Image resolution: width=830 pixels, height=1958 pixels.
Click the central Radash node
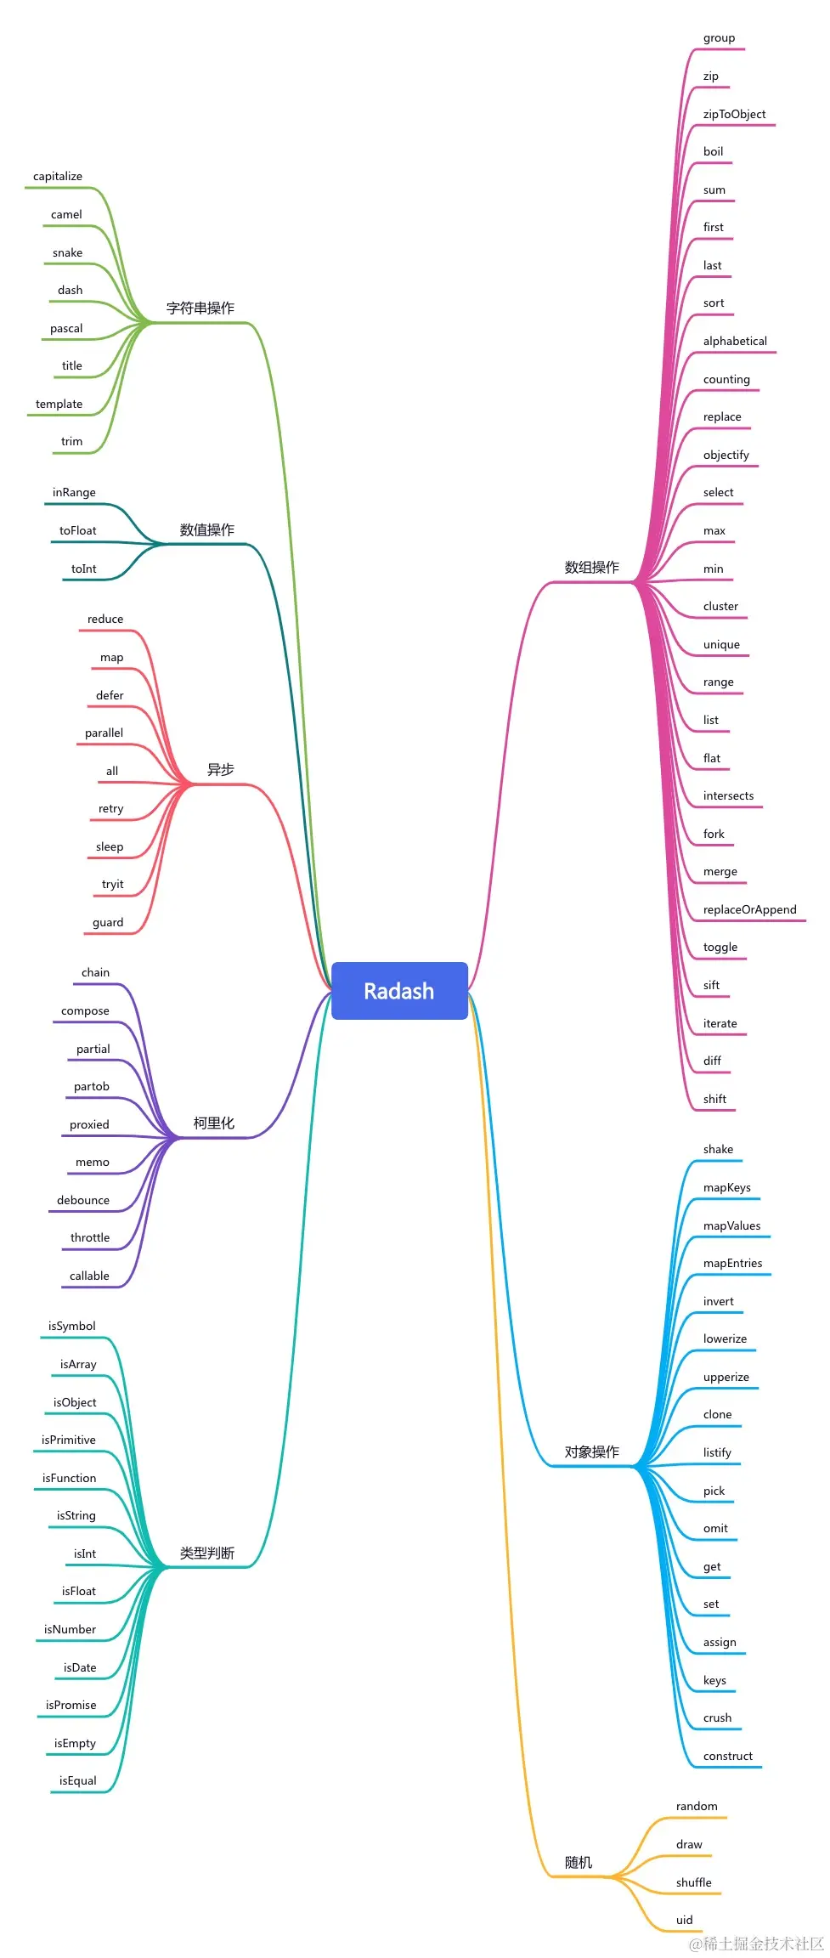point(399,991)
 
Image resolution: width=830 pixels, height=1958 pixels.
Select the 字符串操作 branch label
point(200,308)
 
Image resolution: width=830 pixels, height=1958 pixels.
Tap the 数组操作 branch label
point(591,567)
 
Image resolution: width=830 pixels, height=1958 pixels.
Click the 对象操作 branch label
point(591,1452)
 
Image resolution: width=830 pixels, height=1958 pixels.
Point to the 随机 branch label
point(579,1862)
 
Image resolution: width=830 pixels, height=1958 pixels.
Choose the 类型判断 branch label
point(206,1553)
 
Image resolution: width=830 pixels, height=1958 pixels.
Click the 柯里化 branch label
point(213,1123)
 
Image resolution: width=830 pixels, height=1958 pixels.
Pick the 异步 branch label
point(220,769)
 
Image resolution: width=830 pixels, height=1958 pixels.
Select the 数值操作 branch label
point(206,529)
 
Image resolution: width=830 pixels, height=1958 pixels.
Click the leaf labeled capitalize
point(58,177)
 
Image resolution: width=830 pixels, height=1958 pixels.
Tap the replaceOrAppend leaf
point(749,909)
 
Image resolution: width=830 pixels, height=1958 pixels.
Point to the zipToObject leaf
point(734,114)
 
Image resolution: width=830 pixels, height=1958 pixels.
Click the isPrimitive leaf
point(69,1440)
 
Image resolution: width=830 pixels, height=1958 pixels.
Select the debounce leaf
point(83,1200)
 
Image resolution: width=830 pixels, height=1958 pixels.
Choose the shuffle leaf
point(693,1882)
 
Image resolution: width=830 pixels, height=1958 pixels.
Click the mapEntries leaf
point(732,1263)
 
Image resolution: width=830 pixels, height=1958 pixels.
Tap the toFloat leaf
point(78,530)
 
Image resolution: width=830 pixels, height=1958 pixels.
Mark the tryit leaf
point(113,884)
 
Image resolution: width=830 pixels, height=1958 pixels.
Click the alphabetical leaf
point(735,341)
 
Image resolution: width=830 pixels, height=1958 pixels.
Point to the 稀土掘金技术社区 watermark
point(756,1943)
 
